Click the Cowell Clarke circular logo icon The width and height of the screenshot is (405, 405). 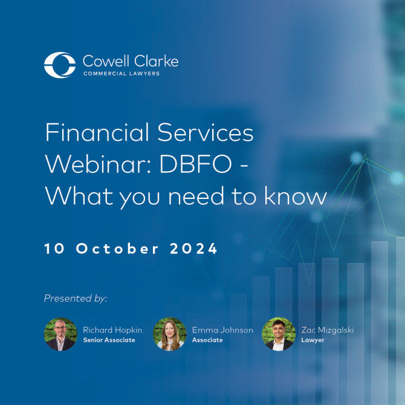[60, 65]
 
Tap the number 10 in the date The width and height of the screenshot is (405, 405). [54, 248]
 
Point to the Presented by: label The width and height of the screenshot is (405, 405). [76, 298]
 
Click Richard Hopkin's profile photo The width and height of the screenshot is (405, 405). [60, 334]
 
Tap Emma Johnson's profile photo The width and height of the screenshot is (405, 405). [169, 334]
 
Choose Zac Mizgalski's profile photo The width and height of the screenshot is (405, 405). [278, 334]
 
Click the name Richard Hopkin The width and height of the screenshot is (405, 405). [113, 330]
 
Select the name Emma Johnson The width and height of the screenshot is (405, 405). [222, 330]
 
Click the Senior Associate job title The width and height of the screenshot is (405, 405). [109, 340]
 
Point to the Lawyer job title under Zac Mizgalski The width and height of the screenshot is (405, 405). [313, 340]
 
